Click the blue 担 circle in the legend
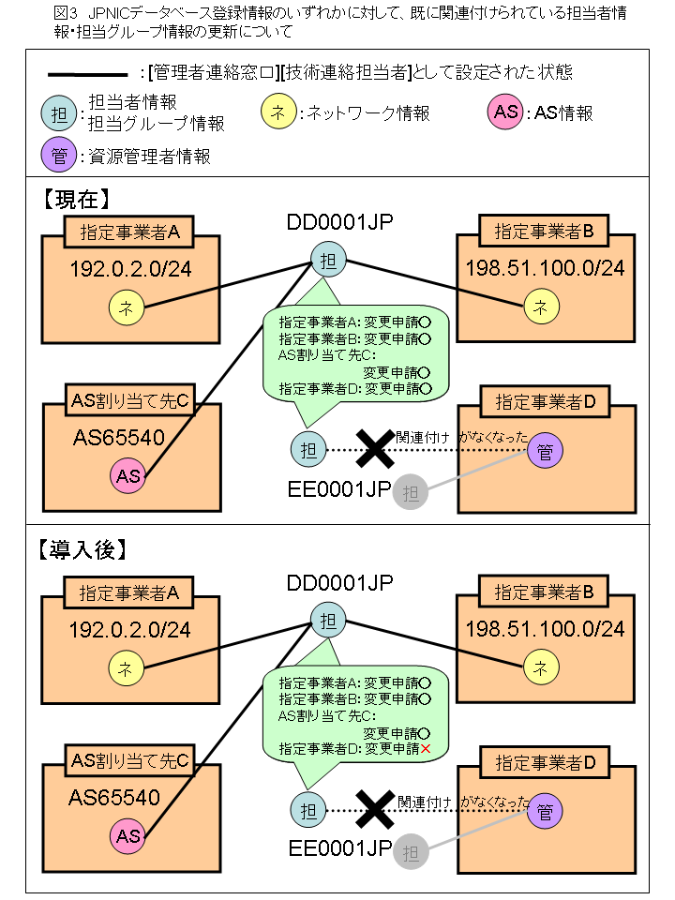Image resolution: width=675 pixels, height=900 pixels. point(58,113)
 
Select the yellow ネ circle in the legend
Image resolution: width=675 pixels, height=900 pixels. point(277,112)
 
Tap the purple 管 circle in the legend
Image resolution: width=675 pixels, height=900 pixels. point(58,156)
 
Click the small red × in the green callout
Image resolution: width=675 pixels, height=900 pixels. point(426,749)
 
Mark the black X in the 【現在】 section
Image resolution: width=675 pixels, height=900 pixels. point(375,448)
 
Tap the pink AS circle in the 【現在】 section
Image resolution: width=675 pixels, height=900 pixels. point(128,475)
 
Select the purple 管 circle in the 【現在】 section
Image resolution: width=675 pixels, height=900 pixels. point(545,451)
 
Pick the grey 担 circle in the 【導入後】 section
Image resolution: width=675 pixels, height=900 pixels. point(410,852)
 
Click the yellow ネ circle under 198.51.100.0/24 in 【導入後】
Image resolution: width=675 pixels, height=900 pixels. point(540,667)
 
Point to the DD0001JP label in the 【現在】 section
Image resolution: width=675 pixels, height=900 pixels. point(339,222)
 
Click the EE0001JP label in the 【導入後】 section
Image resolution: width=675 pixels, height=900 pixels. point(339,847)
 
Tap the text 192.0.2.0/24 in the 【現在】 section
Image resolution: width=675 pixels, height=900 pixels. point(130,269)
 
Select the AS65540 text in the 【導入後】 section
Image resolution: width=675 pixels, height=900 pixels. point(114,797)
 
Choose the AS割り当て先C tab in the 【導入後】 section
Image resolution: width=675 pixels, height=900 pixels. point(130,761)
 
